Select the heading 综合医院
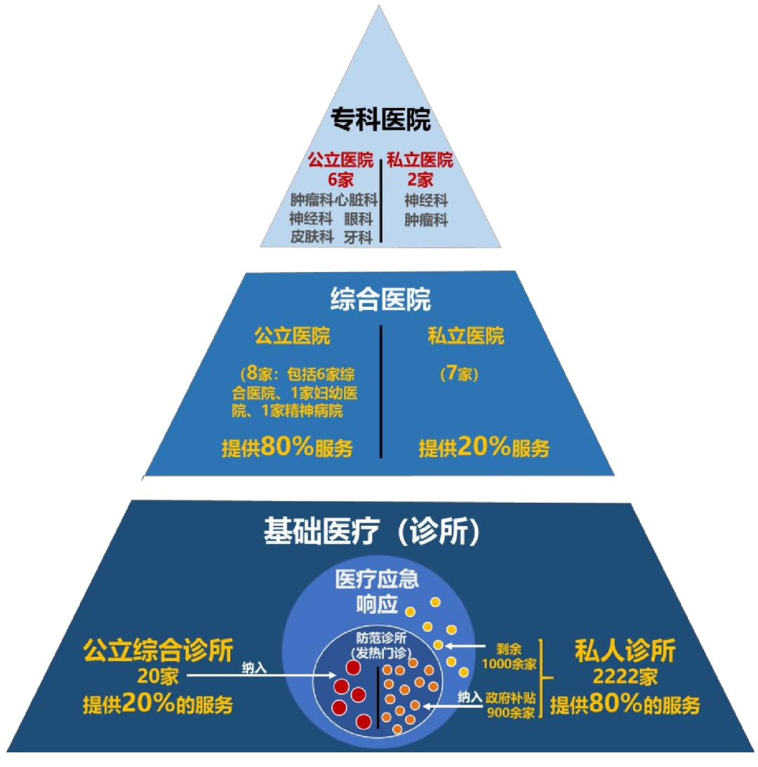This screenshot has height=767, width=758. click(x=380, y=300)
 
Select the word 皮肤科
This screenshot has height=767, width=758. click(x=312, y=236)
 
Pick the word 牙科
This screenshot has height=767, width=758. click(x=357, y=236)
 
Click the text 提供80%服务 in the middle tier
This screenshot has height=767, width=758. click(x=288, y=447)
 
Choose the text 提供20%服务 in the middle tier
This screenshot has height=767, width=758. click(x=484, y=447)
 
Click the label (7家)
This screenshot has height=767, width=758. click(x=459, y=374)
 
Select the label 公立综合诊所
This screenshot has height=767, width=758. click(x=157, y=650)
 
